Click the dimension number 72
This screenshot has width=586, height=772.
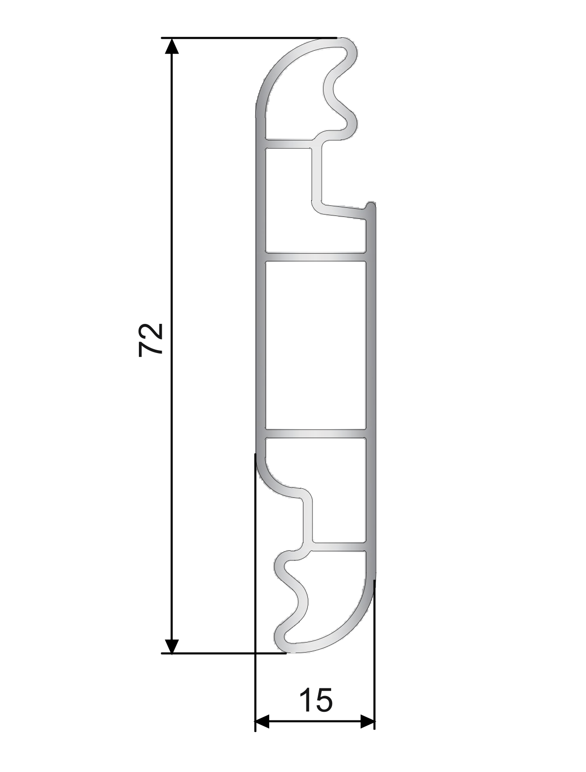pyautogui.click(x=151, y=340)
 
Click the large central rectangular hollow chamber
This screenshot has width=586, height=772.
pyautogui.click(x=315, y=344)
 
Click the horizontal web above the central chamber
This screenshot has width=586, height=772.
pyautogui.click(x=315, y=257)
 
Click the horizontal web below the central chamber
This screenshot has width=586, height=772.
pyautogui.click(x=315, y=434)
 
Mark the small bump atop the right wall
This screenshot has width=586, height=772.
pyautogui.click(x=371, y=206)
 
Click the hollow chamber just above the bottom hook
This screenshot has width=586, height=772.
pyautogui.click(x=339, y=497)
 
